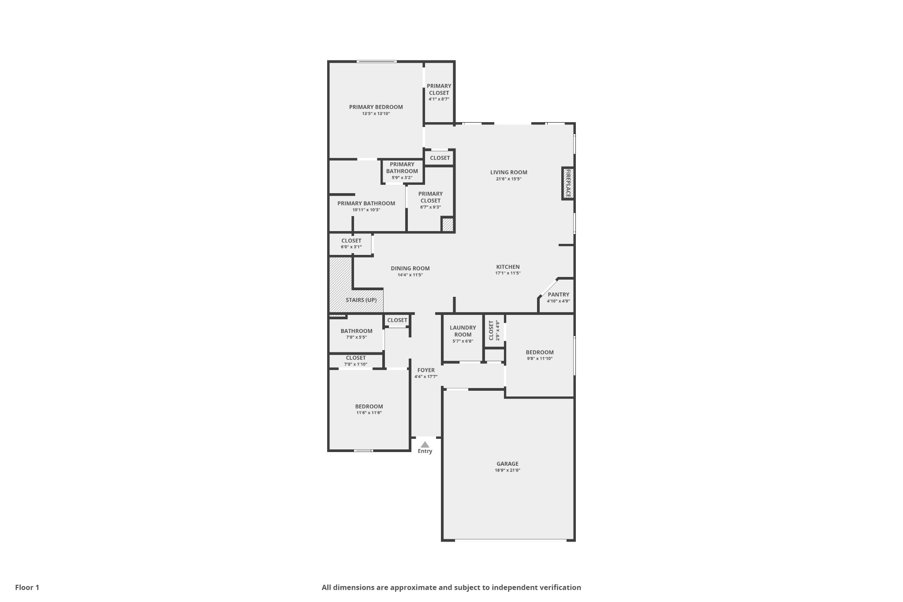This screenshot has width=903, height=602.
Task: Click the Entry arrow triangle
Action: point(425,445)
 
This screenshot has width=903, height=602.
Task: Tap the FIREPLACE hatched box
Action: point(568,183)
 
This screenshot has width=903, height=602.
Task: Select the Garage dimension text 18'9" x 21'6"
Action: point(507,470)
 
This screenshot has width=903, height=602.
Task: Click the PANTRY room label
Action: point(558,295)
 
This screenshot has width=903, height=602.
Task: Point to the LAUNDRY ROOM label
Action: point(463,331)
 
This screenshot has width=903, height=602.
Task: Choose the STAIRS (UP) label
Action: point(361,300)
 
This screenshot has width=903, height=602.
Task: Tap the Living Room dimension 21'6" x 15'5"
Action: point(508,179)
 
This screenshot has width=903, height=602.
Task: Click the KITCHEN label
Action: point(508,267)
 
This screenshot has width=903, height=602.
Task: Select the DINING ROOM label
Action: point(410,268)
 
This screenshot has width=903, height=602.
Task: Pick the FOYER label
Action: point(426,370)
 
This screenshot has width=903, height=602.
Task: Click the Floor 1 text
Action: point(27,587)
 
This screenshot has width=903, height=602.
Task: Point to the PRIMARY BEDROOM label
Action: point(376,107)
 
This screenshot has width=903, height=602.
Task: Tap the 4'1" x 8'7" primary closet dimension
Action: point(439,99)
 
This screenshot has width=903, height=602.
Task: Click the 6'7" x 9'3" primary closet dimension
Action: point(430,207)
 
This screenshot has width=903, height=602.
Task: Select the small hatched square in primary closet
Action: point(448,224)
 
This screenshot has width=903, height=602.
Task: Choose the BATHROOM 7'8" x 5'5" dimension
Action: point(356,337)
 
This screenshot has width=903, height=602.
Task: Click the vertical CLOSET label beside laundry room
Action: point(491,330)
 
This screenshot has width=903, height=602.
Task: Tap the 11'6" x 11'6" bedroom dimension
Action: point(369,413)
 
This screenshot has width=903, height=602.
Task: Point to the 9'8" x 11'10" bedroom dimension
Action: point(540,359)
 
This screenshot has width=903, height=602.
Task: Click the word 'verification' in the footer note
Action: point(559,587)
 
